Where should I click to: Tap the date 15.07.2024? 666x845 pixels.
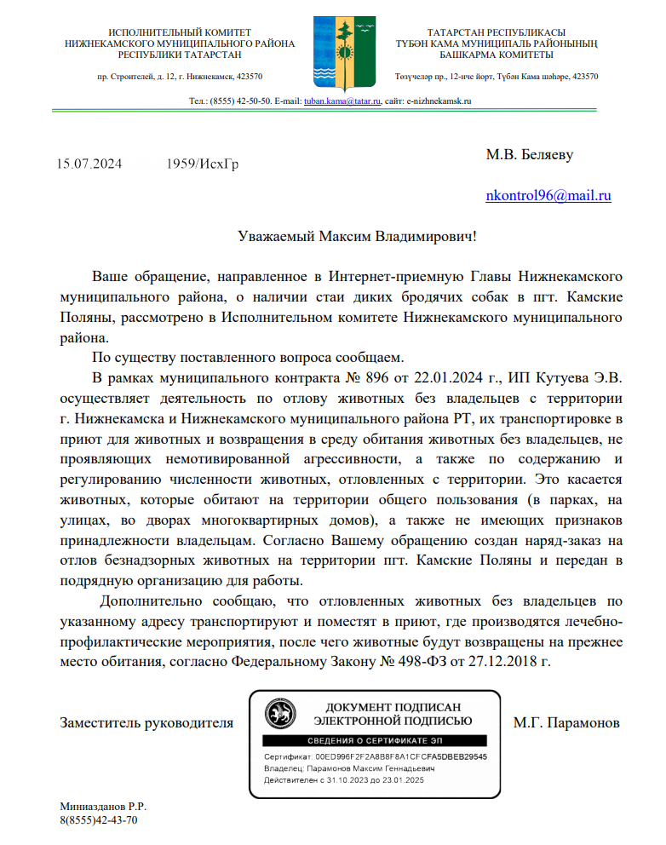pos(90,164)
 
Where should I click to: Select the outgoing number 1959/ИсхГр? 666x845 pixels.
pos(203,164)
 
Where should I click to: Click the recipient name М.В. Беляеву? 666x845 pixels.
pos(529,155)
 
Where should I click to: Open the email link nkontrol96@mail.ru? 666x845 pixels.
pos(548,196)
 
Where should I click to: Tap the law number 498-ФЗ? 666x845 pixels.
pos(422,660)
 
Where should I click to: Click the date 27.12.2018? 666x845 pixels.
pos(508,660)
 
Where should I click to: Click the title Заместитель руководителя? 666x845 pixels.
pos(146,723)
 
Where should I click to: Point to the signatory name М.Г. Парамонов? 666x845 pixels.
pos(566,723)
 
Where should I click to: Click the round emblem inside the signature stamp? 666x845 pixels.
pos(278,712)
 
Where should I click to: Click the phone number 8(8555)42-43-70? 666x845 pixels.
pos(98,820)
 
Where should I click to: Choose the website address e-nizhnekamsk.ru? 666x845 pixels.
pos(439,101)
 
